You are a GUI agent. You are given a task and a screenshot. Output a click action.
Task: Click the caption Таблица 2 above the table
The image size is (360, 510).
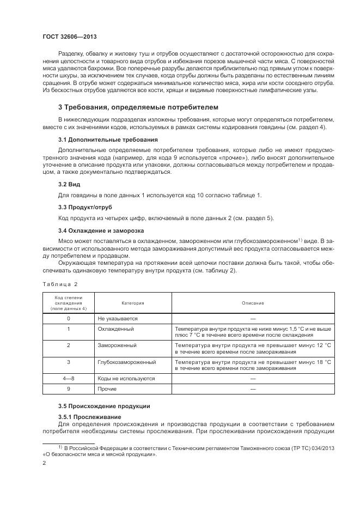pos(60,284)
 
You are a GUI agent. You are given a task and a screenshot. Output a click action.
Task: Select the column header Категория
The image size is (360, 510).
pos(133,303)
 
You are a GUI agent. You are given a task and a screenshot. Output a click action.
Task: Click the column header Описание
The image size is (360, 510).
pos(253,303)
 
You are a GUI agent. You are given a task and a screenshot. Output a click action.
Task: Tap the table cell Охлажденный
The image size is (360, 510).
pos(115,329)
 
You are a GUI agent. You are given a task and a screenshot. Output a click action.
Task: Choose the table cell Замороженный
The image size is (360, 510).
pos(117,345)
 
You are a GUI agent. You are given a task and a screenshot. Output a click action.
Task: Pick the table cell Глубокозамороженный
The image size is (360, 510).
pos(127,362)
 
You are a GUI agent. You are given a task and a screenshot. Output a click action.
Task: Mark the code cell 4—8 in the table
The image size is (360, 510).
pos(68,378)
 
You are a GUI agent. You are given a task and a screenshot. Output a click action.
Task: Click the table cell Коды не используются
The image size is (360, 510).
pos(126,378)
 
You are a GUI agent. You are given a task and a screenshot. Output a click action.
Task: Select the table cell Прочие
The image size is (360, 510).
pos(107,389)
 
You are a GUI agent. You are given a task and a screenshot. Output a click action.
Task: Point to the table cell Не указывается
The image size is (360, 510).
pos(118,318)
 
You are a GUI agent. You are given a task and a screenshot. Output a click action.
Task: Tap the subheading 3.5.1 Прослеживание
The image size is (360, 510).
pos(90,417)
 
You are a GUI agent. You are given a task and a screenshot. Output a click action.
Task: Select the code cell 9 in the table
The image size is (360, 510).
pos(68,389)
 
